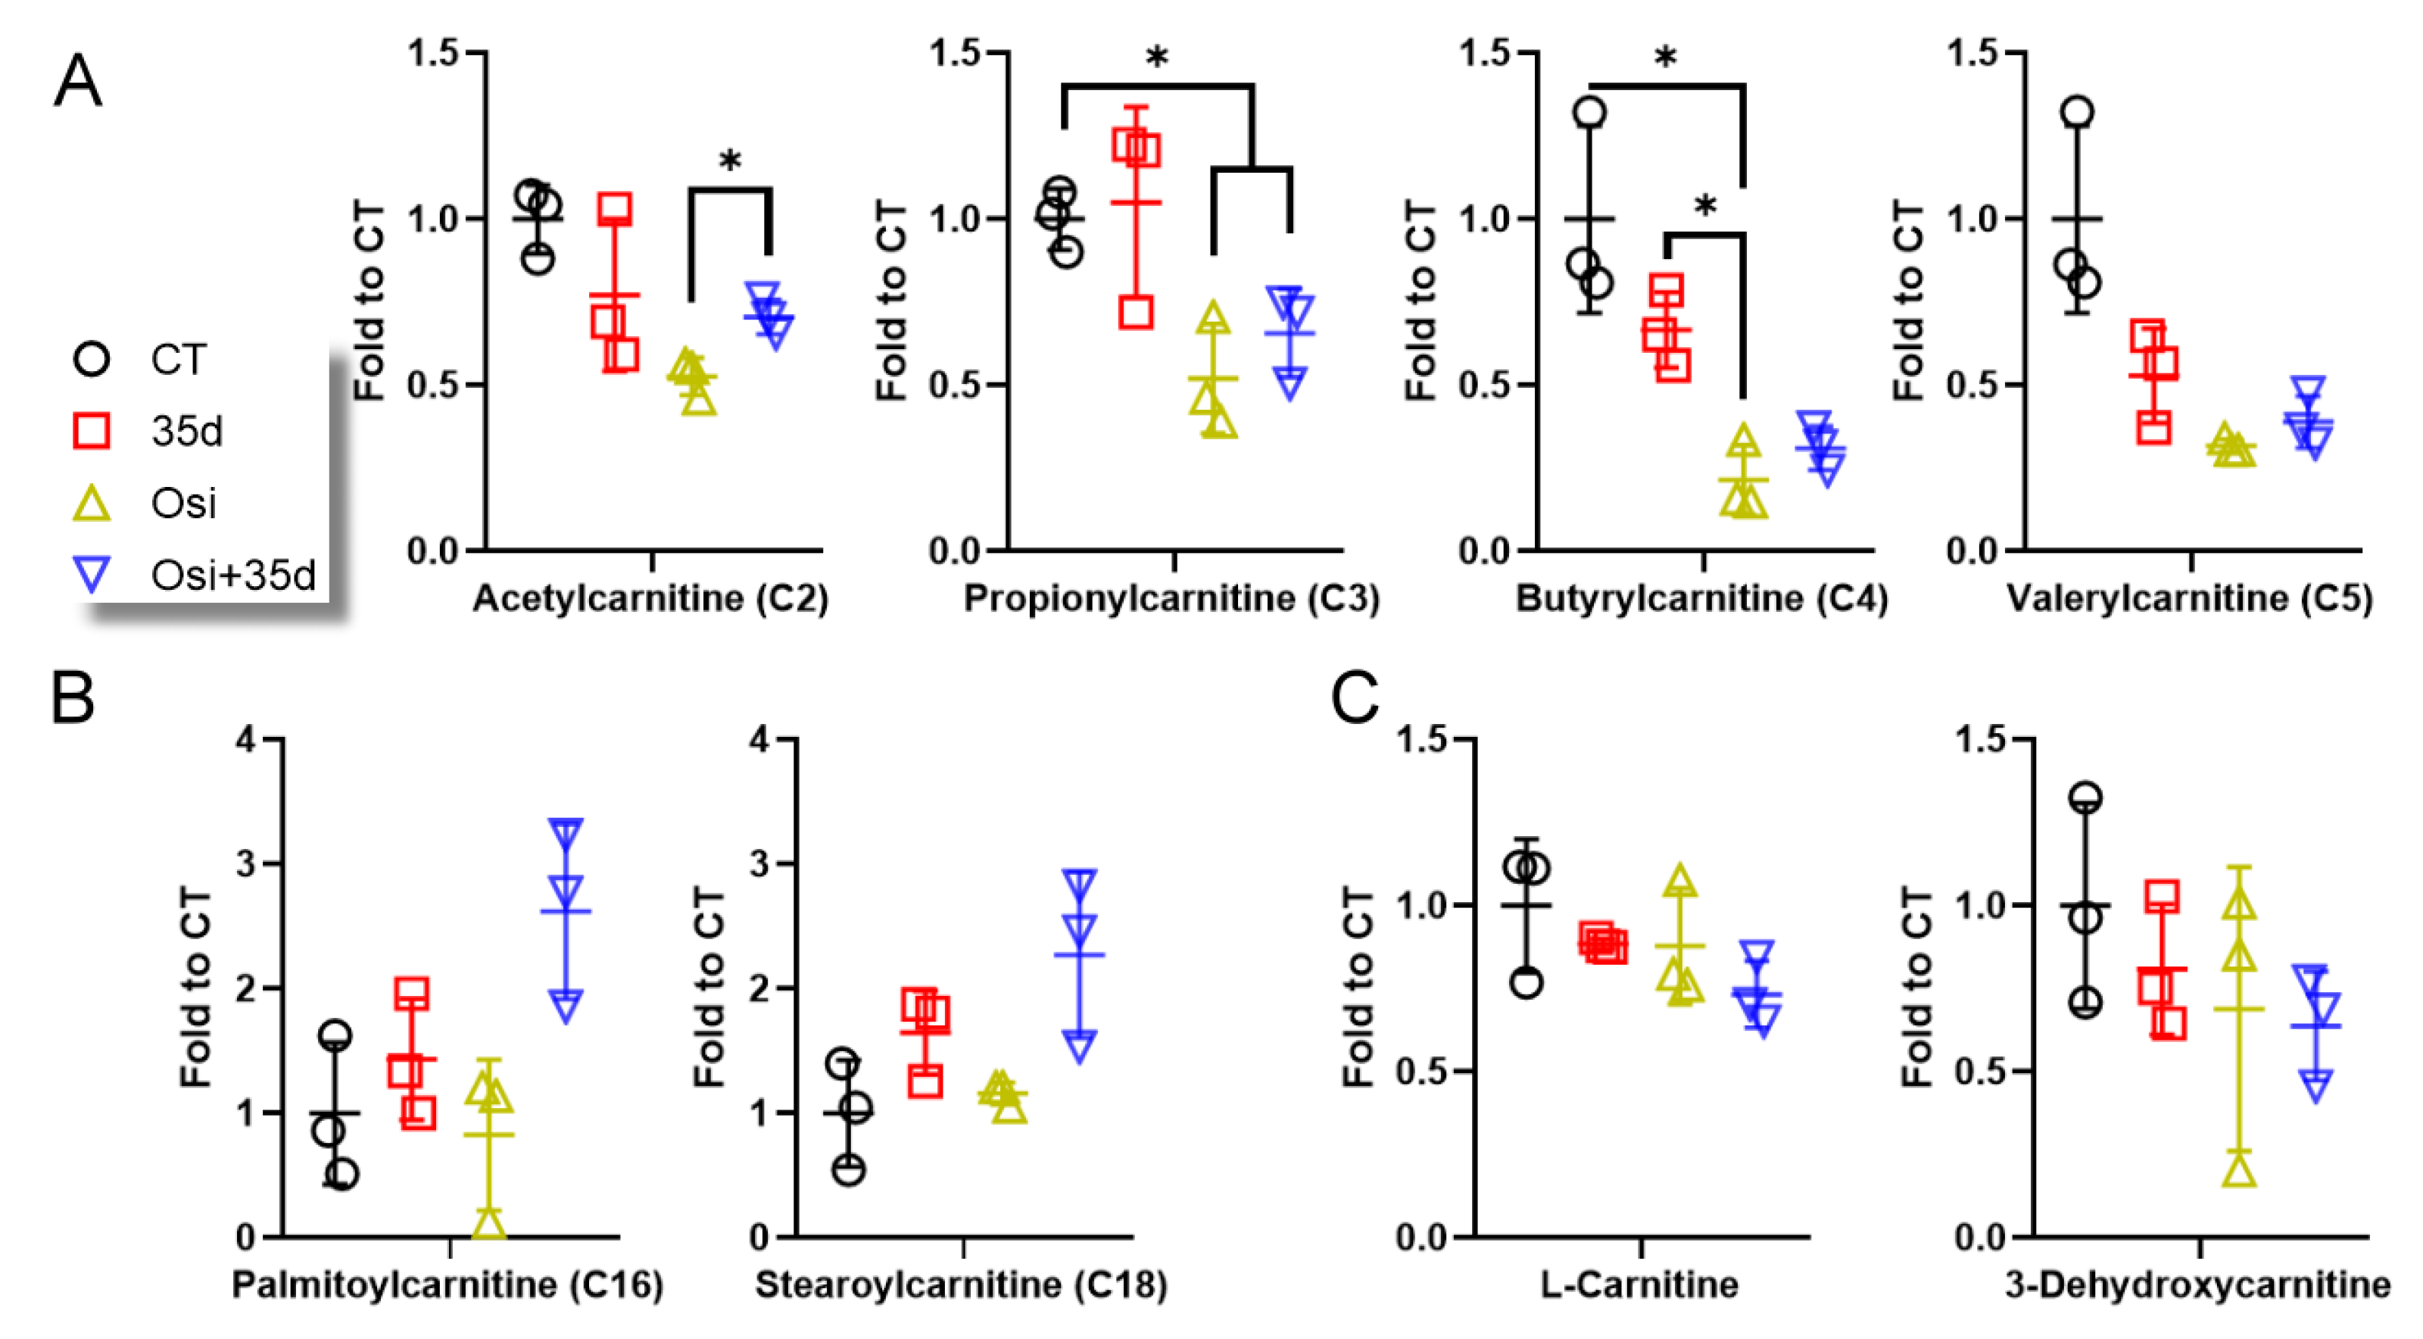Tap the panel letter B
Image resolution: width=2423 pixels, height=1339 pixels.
coord(73,698)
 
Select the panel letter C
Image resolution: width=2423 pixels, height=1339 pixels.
coord(1355,698)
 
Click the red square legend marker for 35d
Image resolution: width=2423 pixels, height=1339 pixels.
coord(92,431)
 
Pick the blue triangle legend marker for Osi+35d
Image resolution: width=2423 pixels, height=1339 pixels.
coord(92,573)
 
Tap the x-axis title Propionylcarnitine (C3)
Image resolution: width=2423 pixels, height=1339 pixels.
coord(1171,599)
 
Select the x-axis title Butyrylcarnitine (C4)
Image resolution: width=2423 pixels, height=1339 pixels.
coord(1701,599)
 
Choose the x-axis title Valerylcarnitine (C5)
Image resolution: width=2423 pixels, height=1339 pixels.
coord(2190,599)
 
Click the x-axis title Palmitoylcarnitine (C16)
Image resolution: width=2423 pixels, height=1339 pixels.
coord(447,1284)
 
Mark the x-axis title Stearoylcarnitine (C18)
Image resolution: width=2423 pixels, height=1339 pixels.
coord(962,1284)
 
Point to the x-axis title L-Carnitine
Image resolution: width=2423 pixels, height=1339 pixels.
coord(1639,1284)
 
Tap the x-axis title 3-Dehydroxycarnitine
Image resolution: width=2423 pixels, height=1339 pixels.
coord(2197,1284)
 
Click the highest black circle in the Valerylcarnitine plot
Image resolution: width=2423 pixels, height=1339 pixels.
coord(2078,113)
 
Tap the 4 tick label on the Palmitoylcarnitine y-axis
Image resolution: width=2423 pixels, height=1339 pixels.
coord(245,740)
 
